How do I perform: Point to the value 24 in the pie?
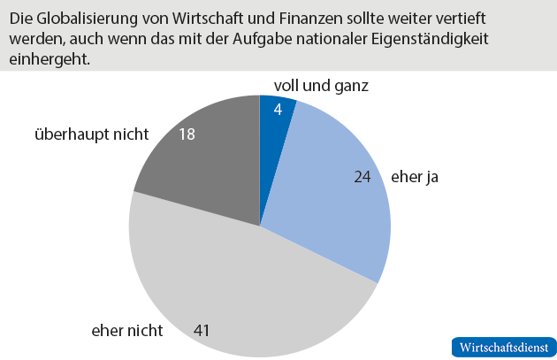(x=361, y=176)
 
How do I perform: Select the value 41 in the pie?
(x=202, y=331)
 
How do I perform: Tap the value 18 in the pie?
(x=187, y=134)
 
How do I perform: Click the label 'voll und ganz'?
(x=315, y=86)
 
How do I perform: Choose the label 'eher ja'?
(x=414, y=176)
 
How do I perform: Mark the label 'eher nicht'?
(x=127, y=331)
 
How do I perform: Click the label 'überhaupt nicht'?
(x=91, y=134)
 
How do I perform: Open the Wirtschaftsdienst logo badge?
(x=502, y=347)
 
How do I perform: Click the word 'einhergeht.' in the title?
(x=50, y=61)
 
